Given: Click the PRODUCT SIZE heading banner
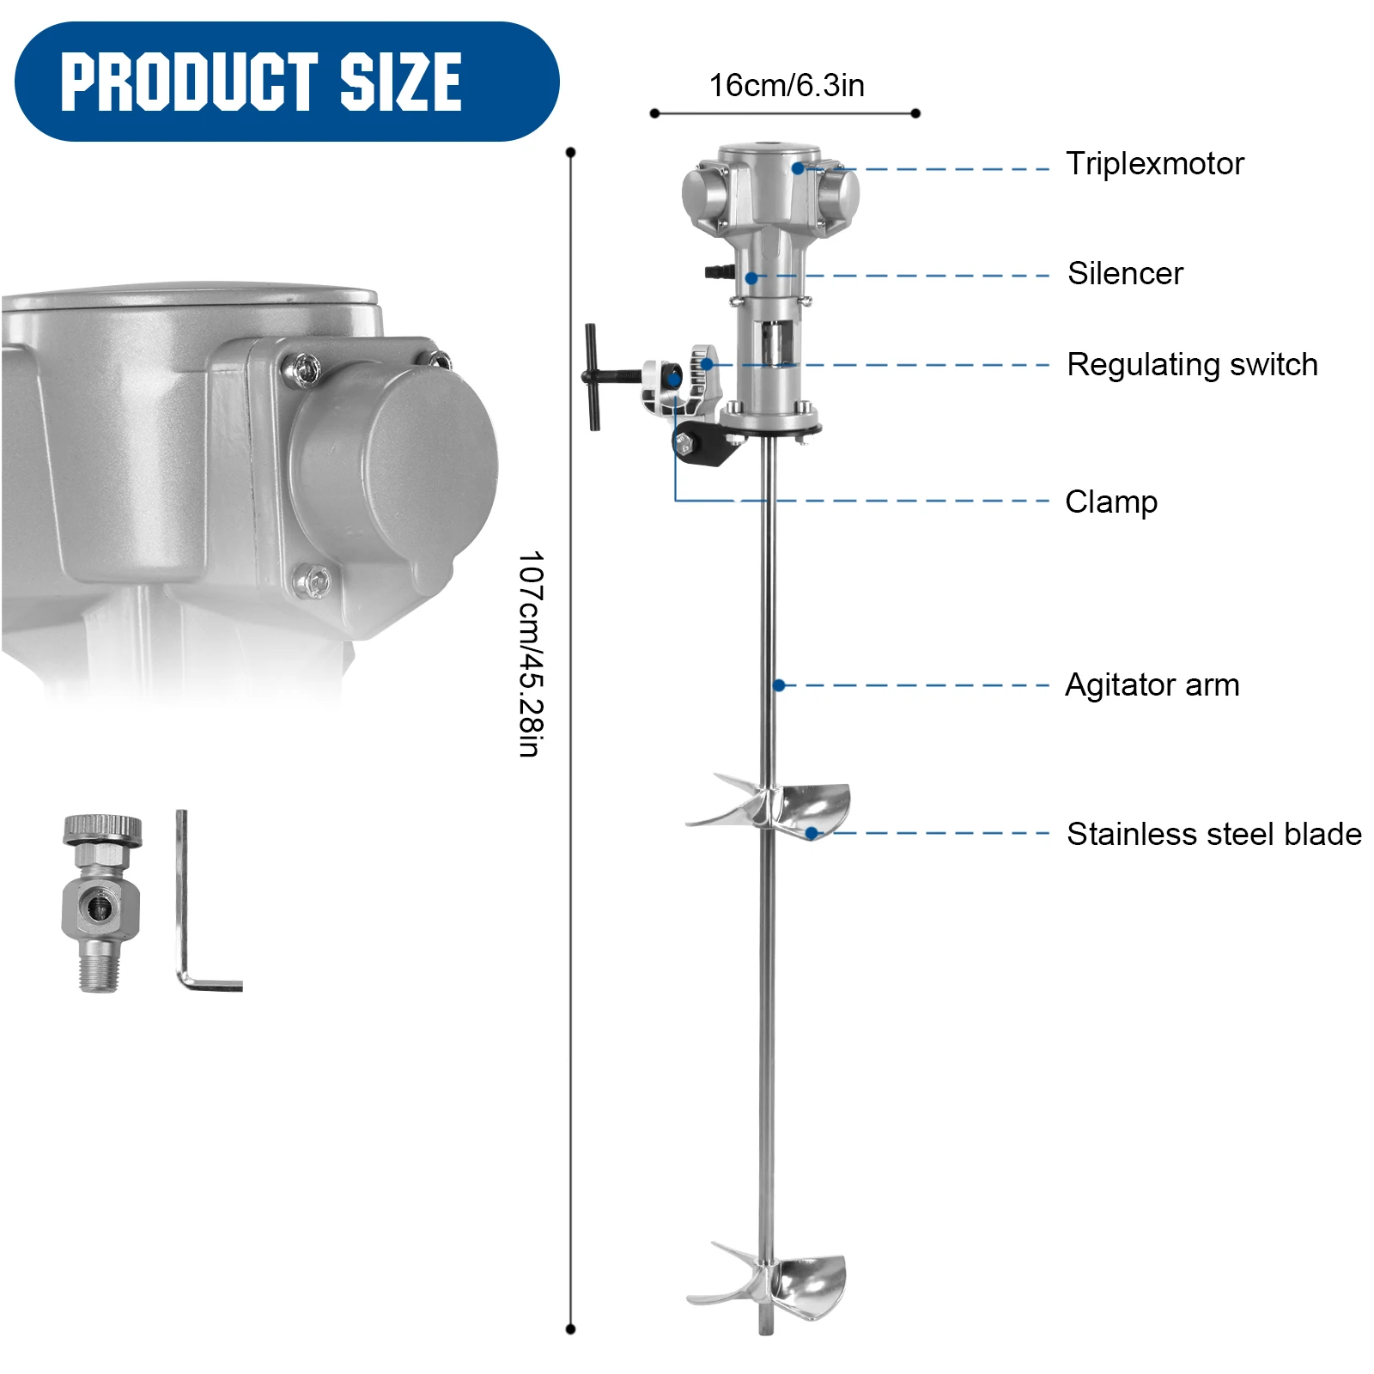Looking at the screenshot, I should [286, 82].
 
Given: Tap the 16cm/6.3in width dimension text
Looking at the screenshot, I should [786, 86].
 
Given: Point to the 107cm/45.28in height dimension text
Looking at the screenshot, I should [531, 654].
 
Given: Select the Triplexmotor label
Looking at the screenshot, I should [1154, 163].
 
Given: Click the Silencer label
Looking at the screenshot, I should [1125, 273].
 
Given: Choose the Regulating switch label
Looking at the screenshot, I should [1192, 364].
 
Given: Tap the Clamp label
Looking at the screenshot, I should [1111, 502].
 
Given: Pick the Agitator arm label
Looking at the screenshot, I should [1152, 685].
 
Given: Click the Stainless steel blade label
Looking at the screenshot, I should [1214, 834].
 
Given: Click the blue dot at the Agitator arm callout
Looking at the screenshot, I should [779, 685].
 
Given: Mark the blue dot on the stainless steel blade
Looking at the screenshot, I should [812, 833].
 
